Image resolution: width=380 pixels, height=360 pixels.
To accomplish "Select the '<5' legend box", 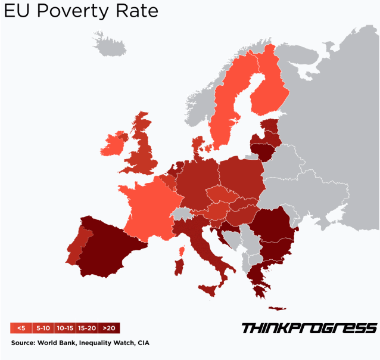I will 21,328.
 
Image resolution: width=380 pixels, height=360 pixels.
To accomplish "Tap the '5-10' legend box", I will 43,328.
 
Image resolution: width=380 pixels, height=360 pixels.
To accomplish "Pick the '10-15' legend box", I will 64,328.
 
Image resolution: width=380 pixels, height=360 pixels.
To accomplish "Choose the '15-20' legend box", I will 87,328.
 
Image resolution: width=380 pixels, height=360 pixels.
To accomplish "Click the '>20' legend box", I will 109,328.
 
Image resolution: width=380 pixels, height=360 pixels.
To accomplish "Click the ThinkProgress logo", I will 309,328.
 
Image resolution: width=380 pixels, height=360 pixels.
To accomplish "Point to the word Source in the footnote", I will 23,343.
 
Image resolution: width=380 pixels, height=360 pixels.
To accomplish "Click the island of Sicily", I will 210,291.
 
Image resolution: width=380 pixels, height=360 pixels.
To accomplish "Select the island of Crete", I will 278,308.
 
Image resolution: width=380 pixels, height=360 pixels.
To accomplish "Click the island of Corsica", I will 180,244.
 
